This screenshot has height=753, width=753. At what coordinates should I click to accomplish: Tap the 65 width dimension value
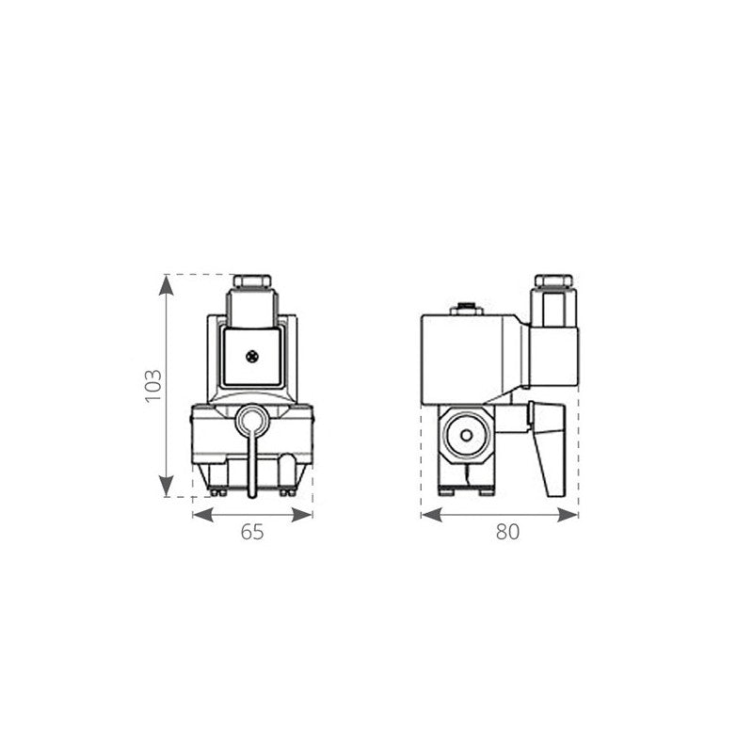[x=251, y=533]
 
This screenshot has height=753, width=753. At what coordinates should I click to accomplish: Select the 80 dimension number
[x=507, y=533]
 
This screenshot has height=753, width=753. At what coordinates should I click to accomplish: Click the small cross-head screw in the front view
[x=251, y=356]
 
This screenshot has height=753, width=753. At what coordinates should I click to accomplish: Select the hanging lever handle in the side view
[x=547, y=452]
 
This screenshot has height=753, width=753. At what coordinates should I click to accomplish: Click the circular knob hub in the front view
[x=251, y=419]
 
